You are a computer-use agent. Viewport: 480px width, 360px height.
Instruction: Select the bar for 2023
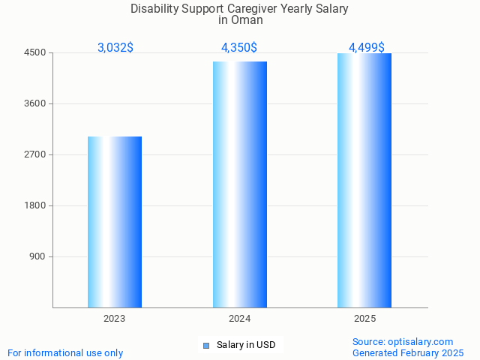click(115, 222)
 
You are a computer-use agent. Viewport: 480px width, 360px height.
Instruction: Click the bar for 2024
click(240, 184)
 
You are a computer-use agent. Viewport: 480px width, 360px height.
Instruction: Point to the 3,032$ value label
click(115, 47)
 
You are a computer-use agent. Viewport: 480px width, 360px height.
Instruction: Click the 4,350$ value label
click(239, 47)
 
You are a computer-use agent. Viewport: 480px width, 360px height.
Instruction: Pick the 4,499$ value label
click(366, 47)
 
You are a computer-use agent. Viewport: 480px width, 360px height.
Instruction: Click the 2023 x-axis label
click(115, 319)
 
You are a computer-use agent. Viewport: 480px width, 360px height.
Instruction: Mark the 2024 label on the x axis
click(240, 319)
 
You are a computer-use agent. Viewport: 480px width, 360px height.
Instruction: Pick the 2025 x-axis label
click(364, 319)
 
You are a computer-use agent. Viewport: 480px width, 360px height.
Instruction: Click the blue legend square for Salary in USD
click(206, 346)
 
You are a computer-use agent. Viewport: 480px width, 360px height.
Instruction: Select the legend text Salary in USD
click(246, 345)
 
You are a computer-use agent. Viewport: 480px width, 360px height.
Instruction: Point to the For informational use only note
click(65, 352)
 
